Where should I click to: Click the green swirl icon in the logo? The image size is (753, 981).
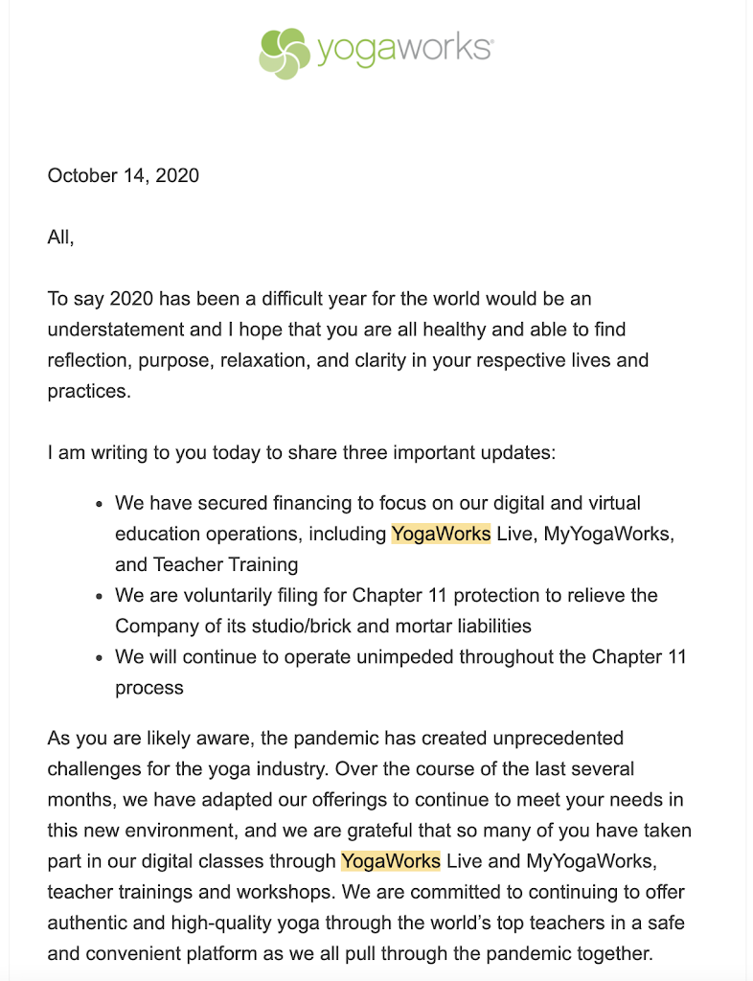[x=284, y=53]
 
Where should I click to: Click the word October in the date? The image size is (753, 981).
[x=81, y=175]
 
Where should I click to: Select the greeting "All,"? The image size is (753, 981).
[x=60, y=238]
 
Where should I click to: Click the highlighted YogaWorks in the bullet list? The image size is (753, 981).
[x=441, y=534]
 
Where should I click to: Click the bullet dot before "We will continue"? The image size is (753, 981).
[x=101, y=657]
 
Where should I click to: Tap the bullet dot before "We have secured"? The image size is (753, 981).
[x=101, y=504]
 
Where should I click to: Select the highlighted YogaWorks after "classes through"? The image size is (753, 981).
[x=391, y=861]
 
